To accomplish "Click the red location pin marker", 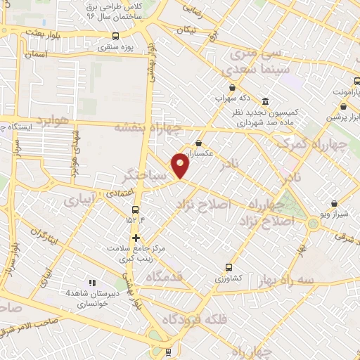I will coord(181,166).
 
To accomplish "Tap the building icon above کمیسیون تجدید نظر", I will coord(264,101).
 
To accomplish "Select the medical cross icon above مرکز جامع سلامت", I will coord(136,238).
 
